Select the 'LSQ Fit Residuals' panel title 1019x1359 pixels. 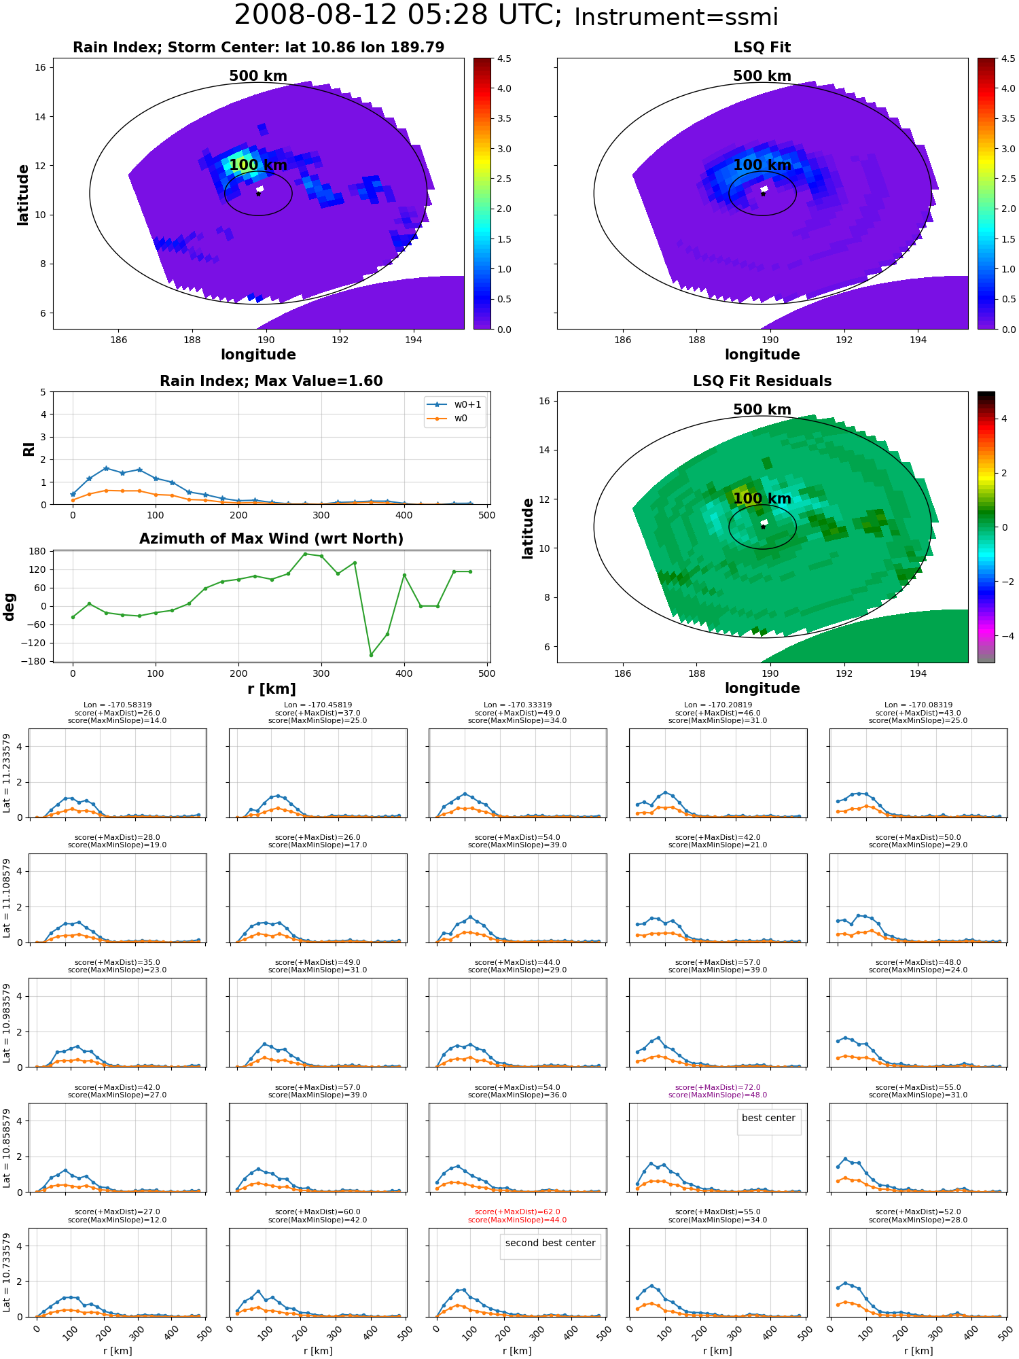762,381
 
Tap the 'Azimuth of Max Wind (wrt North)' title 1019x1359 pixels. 271,539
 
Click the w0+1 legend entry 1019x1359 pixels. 455,405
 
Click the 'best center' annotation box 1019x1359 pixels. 768,1118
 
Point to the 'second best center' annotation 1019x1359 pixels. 550,1243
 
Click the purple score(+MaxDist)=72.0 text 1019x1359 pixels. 717,1088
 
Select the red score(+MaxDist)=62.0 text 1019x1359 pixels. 518,1212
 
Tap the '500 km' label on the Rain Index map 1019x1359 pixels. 258,76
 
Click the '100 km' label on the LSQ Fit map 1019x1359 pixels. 762,165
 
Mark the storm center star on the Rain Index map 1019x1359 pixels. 258,194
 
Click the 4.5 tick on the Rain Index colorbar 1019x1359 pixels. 504,58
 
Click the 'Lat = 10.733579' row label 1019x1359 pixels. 7,1273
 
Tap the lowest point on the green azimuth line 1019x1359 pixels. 371,655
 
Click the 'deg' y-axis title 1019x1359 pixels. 10,607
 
